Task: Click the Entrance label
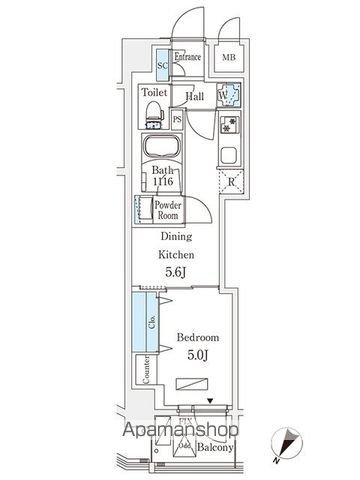[x=188, y=57]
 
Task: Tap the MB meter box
[x=229, y=58]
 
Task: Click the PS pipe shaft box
[x=177, y=119]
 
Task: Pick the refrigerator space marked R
[x=230, y=183]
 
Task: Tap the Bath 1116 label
[x=161, y=176]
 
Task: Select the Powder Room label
[x=166, y=210]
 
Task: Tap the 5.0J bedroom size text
[x=196, y=355]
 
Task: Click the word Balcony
[x=213, y=448]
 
